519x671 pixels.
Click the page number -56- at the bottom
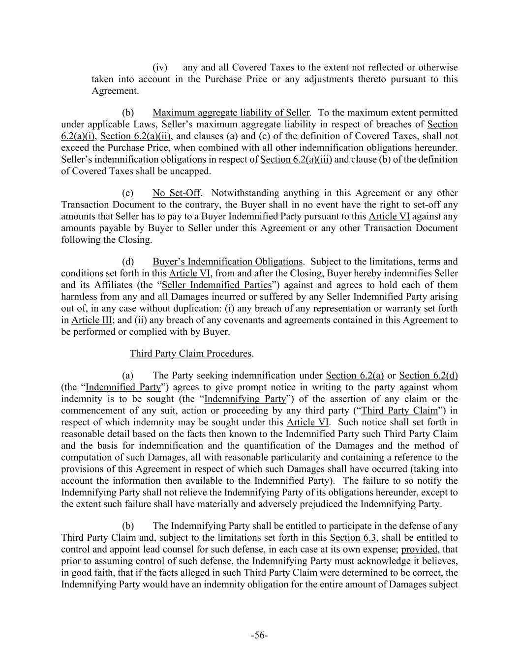pyautogui.click(x=259, y=635)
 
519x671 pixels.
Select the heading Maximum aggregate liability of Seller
pyautogui.click(x=231, y=113)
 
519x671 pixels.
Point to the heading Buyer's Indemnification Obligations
pyautogui.click(x=227, y=262)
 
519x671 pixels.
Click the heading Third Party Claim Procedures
pyautogui.click(x=191, y=353)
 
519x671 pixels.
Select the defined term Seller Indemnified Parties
pyautogui.click(x=216, y=285)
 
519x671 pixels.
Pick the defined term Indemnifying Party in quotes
pyautogui.click(x=244, y=399)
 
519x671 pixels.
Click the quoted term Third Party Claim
pyautogui.click(x=399, y=411)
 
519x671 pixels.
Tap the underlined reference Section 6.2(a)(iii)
pyautogui.click(x=296, y=160)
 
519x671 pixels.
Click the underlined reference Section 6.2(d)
pyautogui.click(x=428, y=376)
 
